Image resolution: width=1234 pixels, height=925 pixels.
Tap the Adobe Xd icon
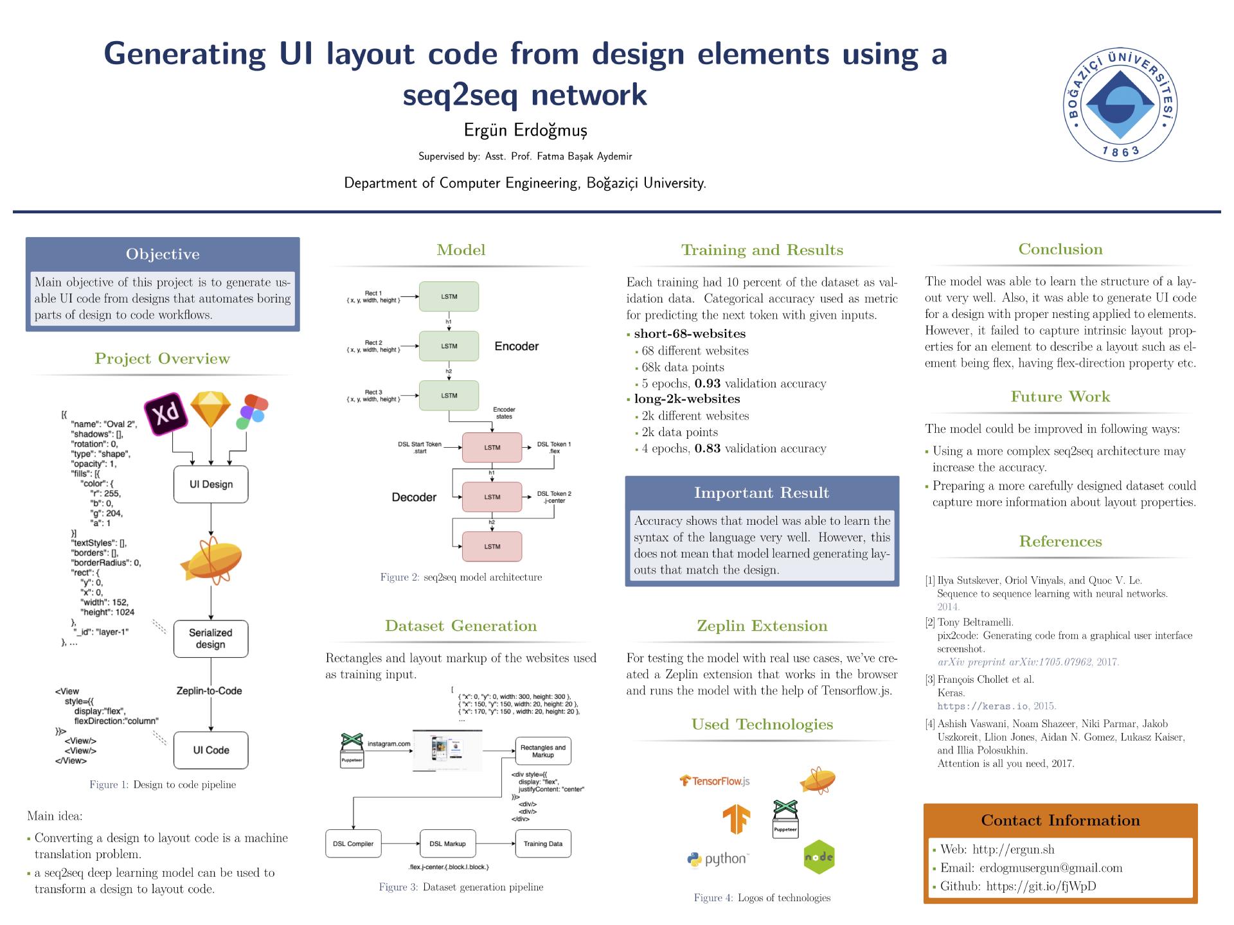tap(166, 412)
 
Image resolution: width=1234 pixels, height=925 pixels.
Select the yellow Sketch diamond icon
tap(211, 409)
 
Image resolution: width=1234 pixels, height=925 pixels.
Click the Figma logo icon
tap(251, 411)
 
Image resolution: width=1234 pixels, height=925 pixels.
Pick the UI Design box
tap(211, 484)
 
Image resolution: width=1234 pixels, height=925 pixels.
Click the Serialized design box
tap(211, 639)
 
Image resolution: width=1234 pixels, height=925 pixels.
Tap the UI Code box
tap(211, 750)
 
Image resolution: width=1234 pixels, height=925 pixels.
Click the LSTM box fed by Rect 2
tap(449, 346)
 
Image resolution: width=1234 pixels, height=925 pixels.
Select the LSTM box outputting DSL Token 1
tap(492, 447)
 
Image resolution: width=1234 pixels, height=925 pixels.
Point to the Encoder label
tap(516, 346)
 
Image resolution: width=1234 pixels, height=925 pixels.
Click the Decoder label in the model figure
tap(414, 497)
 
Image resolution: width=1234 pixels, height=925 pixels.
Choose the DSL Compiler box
tap(353, 843)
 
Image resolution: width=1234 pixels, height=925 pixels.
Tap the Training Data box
tap(542, 843)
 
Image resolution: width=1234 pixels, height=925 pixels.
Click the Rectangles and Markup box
tap(542, 751)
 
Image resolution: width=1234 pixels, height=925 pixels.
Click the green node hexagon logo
tap(819, 857)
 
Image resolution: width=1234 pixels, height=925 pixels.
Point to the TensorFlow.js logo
tap(715, 781)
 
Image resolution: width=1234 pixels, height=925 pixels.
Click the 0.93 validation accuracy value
tap(708, 383)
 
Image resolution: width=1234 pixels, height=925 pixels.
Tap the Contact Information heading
tap(1060, 820)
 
